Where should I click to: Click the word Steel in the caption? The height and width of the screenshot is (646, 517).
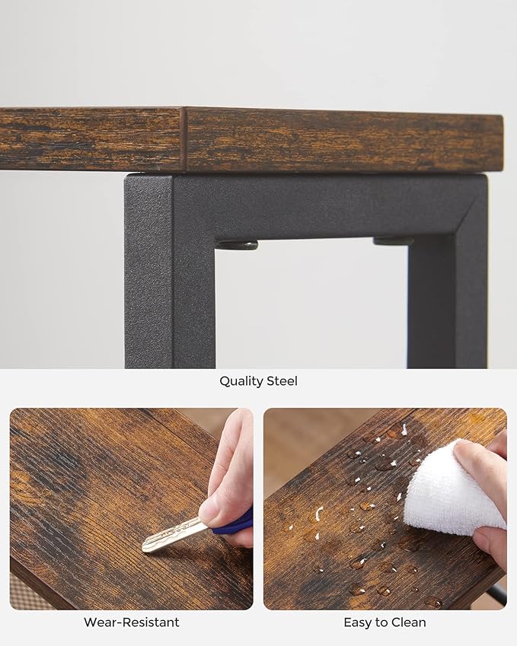pyautogui.click(x=282, y=381)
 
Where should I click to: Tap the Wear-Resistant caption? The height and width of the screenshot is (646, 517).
pyautogui.click(x=132, y=622)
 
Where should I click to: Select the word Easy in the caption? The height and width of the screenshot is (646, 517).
pyautogui.click(x=356, y=622)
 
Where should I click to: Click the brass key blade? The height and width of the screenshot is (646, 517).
pyautogui.click(x=174, y=534)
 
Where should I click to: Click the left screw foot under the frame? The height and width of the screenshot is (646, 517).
pyautogui.click(x=237, y=246)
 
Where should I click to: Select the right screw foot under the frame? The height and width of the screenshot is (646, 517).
pyautogui.click(x=393, y=241)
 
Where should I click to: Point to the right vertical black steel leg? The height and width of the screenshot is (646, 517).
pyautogui.click(x=447, y=288)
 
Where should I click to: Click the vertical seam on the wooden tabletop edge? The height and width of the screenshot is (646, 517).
pyautogui.click(x=184, y=139)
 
